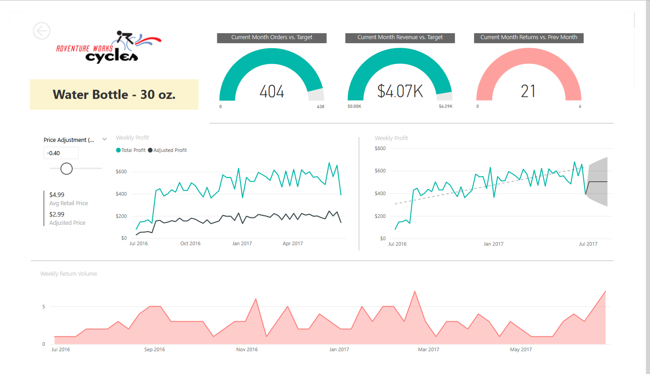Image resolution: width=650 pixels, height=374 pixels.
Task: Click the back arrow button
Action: (x=42, y=31)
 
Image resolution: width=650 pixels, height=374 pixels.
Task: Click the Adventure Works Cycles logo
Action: (x=109, y=47)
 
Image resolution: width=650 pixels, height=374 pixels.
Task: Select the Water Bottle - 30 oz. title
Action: (x=114, y=95)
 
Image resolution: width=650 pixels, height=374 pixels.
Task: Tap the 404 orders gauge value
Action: (x=272, y=91)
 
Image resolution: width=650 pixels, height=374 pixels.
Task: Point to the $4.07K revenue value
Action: (x=400, y=91)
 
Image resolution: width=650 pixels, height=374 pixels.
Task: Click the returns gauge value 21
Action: (x=528, y=91)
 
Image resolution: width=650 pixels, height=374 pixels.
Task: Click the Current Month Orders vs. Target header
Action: (x=272, y=37)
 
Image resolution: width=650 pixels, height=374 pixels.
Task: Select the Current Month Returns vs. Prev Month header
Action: (x=529, y=37)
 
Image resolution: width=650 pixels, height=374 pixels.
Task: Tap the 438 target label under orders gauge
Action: (x=320, y=107)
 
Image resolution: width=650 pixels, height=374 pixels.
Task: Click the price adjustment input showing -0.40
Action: (x=61, y=153)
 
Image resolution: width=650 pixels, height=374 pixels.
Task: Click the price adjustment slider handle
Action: (x=66, y=168)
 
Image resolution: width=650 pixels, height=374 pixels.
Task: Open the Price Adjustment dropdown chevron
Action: (x=105, y=140)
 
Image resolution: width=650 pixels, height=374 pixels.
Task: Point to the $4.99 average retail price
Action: (x=57, y=195)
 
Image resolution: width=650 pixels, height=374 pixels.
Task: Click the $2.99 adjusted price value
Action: (x=57, y=214)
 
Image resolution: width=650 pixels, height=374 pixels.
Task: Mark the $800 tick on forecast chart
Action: (x=380, y=148)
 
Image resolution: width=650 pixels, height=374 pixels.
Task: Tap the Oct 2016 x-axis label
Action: (x=190, y=244)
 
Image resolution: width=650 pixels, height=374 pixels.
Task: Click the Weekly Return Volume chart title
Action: (x=69, y=274)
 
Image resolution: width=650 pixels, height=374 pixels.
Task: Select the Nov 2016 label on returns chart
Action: (x=247, y=350)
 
